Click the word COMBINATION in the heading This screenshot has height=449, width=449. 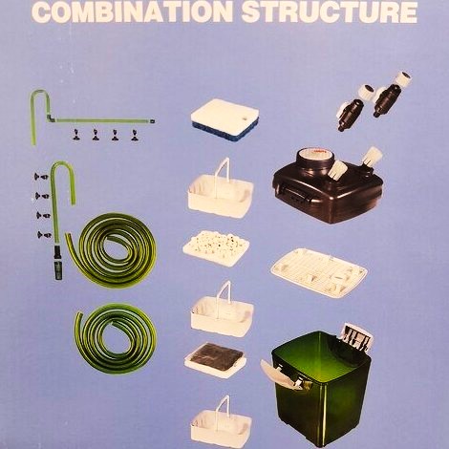coord(132,11)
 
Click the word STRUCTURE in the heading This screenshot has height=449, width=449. coord(330,11)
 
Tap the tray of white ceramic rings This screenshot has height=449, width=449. coord(216,248)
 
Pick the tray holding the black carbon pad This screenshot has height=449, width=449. coord(215,360)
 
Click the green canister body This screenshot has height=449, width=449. coord(322,389)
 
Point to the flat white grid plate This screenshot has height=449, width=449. coord(319,272)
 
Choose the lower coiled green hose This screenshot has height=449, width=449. coord(116,338)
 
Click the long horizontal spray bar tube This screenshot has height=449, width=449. coord(103,120)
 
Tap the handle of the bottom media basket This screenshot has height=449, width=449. coord(223,408)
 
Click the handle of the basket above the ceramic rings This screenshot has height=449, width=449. coord(224,172)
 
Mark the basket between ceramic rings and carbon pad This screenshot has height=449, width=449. coord(222,310)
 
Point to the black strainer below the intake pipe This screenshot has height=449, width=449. coord(58,263)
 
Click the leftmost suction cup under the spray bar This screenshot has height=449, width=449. coord(75,135)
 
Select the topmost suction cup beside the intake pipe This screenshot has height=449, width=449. coord(41,176)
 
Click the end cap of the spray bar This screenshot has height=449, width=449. coord(153,121)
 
